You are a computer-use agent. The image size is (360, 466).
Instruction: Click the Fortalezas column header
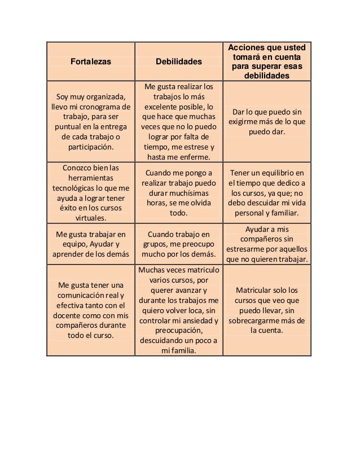tap(90, 60)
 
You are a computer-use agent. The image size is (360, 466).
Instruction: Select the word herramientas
tap(90, 178)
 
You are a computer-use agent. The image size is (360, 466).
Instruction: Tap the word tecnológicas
tap(76, 188)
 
